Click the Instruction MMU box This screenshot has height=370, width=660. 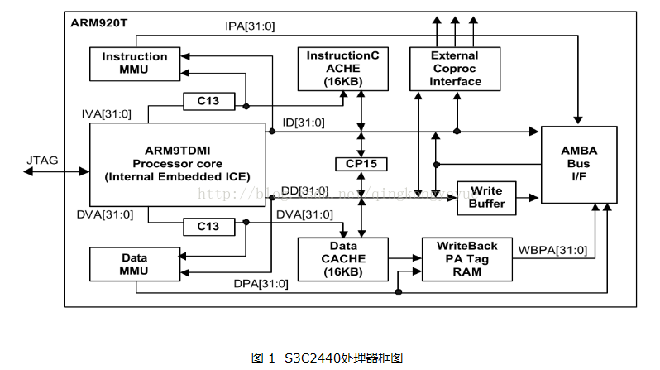pos(134,64)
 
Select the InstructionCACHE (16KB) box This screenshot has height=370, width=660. pos(342,69)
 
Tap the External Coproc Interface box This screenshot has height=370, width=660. pos(455,69)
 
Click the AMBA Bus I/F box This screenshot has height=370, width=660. pos(578,165)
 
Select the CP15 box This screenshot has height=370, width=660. pos(361,164)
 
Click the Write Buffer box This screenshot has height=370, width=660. pos(486,198)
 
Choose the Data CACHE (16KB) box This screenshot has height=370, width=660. pos(342,258)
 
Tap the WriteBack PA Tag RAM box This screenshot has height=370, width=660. pos(467,258)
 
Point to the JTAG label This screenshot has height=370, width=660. pos(42,160)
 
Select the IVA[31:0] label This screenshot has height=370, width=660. pos(107,113)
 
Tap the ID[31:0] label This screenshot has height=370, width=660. pos(304,123)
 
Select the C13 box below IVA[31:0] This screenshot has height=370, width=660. pos(208,102)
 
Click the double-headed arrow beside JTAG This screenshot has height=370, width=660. pos(56,171)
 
